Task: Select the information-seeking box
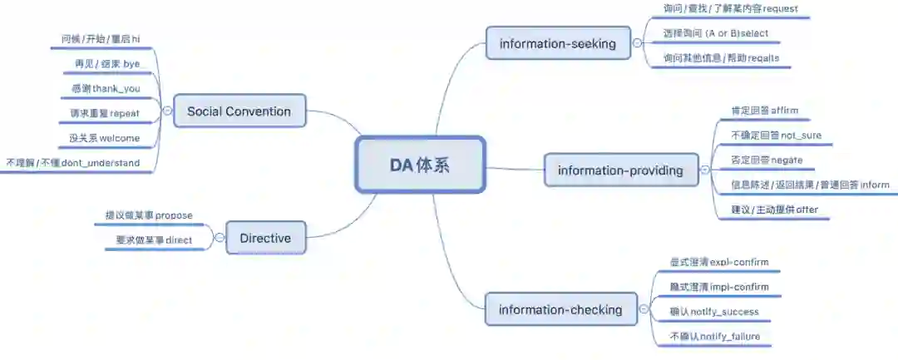(x=558, y=43)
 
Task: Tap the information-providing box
(x=620, y=170)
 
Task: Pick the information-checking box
(x=560, y=310)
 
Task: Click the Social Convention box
(x=239, y=111)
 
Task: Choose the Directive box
(x=265, y=238)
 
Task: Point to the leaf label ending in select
(x=715, y=34)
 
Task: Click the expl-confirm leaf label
(x=718, y=262)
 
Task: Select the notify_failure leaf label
(x=714, y=337)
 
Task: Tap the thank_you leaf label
(x=106, y=88)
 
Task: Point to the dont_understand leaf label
(x=73, y=163)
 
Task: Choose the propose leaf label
(x=149, y=215)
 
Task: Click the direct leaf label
(x=154, y=240)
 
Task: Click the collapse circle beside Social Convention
(x=166, y=111)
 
